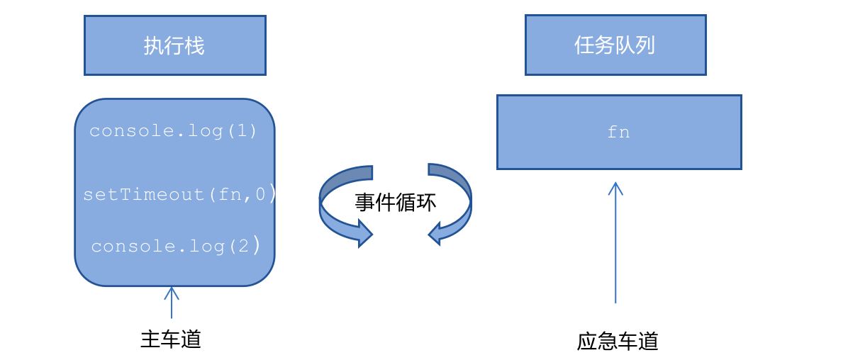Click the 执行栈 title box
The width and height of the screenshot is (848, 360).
174,45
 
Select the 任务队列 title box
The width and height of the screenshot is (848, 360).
615,45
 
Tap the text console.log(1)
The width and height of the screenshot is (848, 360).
174,131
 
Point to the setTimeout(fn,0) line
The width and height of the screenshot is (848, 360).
179,194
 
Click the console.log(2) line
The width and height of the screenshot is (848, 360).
176,246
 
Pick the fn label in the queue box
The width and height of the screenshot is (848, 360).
618,133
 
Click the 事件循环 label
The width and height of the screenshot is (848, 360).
395,203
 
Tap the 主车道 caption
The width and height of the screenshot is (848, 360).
171,339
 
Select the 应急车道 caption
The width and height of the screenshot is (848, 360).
618,342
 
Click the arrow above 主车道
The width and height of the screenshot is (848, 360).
171,303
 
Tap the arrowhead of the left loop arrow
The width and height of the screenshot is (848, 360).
364,233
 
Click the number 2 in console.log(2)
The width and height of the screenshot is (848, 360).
242,246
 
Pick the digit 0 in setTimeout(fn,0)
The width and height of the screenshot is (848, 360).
260,194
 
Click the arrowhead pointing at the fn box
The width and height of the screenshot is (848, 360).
615,187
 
